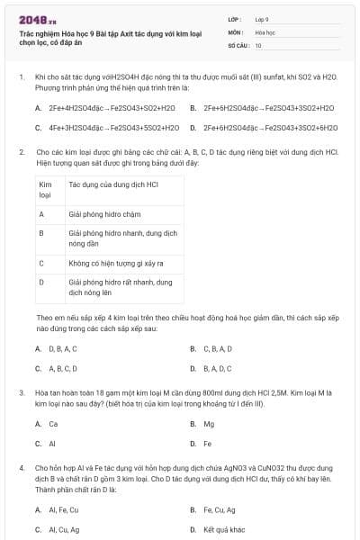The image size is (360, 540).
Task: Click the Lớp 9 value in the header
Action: point(261,19)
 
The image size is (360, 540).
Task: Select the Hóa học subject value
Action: point(265,31)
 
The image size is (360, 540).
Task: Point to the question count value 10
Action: point(258,44)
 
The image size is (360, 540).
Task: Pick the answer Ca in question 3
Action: point(53,424)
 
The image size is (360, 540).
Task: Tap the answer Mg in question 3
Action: point(209,424)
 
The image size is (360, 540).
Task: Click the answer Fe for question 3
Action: point(208,444)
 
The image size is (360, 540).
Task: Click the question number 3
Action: point(21,393)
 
